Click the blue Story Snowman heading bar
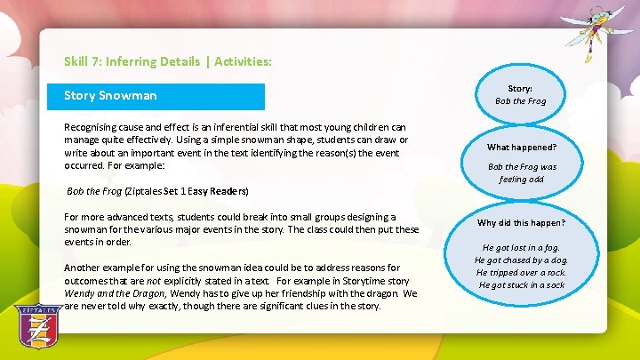click(164, 96)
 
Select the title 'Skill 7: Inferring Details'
click(128, 62)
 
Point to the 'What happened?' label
click(521, 147)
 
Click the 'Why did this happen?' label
click(521, 223)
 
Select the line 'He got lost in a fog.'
click(521, 248)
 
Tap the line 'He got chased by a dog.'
click(521, 260)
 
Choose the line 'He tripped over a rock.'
click(521, 273)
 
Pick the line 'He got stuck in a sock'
click(521, 285)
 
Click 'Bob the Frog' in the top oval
click(521, 101)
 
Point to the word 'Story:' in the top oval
click(521, 89)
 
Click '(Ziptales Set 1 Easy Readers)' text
click(187, 191)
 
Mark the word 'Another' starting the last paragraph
click(83, 268)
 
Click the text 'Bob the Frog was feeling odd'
click(521, 172)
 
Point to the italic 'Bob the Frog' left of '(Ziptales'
click(95, 191)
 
